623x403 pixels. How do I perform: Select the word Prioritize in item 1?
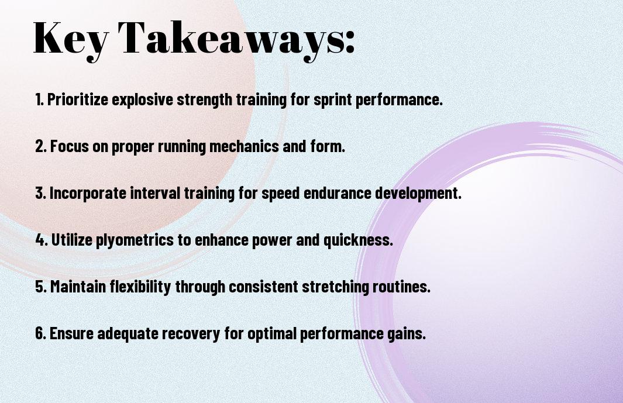tap(77, 99)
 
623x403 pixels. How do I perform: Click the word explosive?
tap(142, 99)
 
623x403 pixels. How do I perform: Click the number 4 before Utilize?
tap(40, 240)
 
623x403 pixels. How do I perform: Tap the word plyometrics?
tap(135, 240)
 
